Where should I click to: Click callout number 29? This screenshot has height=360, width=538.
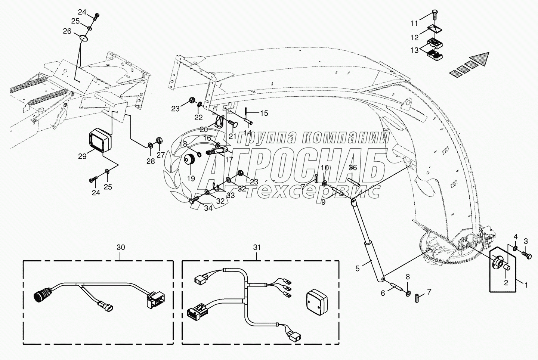pyautogui.click(x=82, y=156)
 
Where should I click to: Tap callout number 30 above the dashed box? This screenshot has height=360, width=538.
pyautogui.click(x=121, y=248)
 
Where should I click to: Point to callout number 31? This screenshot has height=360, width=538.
pyautogui.click(x=257, y=248)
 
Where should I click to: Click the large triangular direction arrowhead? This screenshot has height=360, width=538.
pyautogui.click(x=476, y=62)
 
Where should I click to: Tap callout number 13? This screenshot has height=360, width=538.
pyautogui.click(x=415, y=50)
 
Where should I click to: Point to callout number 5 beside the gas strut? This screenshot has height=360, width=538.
pyautogui.click(x=358, y=269)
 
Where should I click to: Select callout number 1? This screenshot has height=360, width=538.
pyautogui.click(x=526, y=285)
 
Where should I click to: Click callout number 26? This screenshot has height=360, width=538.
pyautogui.click(x=67, y=31)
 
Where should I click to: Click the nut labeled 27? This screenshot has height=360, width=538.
pyautogui.click(x=159, y=140)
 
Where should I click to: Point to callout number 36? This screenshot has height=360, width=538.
pyautogui.click(x=353, y=168)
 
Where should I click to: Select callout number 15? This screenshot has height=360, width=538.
pyautogui.click(x=264, y=113)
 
